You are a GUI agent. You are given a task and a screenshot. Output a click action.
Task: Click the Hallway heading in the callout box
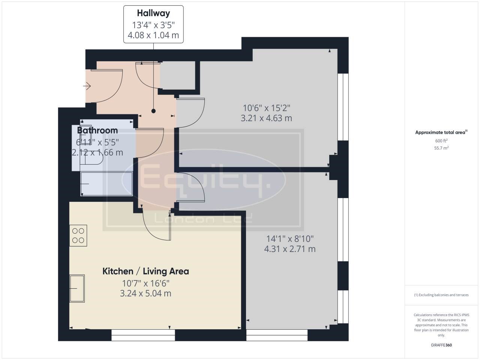click(153, 13)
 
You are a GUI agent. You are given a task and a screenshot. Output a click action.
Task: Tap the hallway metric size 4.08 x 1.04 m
click(153, 35)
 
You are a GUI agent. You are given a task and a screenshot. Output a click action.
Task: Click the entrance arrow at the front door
click(87, 86)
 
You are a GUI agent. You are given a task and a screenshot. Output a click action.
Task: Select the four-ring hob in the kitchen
click(78, 235)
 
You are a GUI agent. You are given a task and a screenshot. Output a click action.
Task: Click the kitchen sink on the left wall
click(77, 288)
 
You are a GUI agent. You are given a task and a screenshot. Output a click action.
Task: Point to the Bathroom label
click(97, 130)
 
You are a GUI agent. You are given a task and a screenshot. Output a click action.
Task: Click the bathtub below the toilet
click(106, 184)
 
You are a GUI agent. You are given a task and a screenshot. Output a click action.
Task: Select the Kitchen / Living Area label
click(145, 271)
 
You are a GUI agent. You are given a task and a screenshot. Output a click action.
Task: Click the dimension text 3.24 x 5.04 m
click(145, 293)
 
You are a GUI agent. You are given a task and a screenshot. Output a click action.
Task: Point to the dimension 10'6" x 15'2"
click(267, 108)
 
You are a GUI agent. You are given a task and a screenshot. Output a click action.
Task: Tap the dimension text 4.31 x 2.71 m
click(290, 249)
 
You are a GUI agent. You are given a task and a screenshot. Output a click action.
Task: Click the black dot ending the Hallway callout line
click(153, 111)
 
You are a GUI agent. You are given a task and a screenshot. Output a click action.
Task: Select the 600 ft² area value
click(441, 141)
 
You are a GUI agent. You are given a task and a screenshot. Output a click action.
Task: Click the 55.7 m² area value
click(441, 148)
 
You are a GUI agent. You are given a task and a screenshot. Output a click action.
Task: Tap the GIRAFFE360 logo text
click(441, 345)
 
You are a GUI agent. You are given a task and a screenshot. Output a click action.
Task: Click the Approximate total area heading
click(441, 132)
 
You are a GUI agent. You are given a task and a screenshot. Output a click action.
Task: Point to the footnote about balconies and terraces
click(441, 295)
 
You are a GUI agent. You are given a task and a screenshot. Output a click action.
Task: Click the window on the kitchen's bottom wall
click(143, 335)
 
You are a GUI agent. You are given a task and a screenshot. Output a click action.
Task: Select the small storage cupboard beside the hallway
click(178, 75)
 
